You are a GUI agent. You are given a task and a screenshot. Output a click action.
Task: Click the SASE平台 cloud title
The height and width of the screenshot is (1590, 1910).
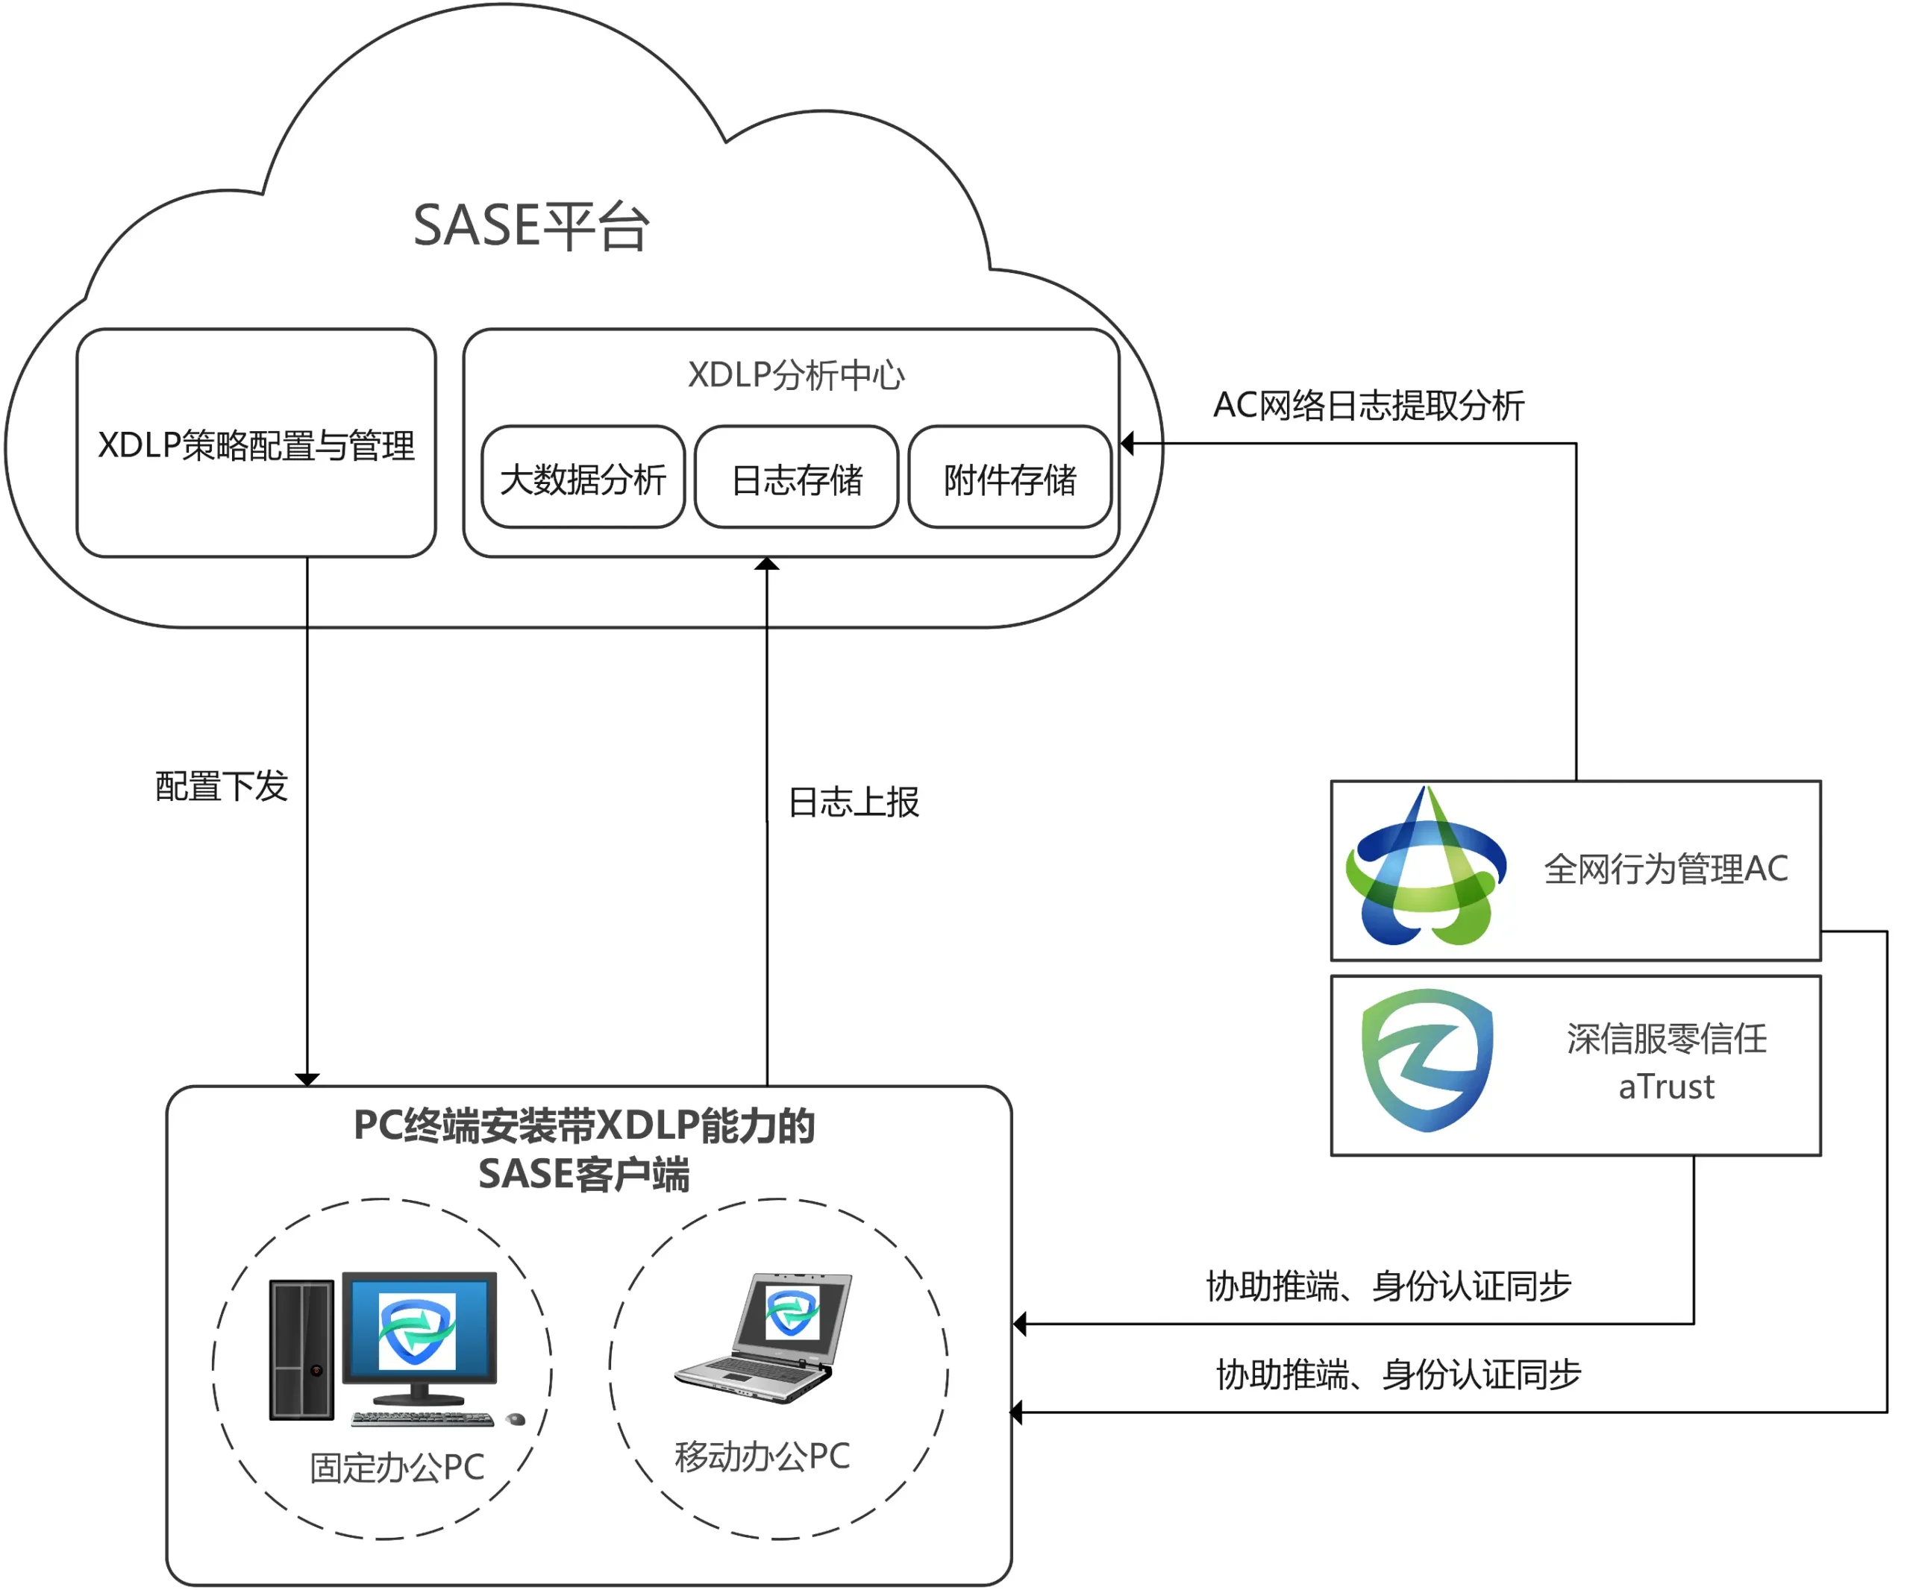point(531,225)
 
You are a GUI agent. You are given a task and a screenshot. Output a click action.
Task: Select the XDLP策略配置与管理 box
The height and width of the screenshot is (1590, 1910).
point(256,444)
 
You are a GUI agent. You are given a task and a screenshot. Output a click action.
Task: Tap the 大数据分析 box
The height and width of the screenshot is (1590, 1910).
point(583,478)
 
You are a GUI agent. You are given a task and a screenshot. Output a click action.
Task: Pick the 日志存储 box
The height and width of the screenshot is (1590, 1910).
point(797,478)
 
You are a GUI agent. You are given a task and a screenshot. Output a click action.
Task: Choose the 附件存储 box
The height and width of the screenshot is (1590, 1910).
point(1009,478)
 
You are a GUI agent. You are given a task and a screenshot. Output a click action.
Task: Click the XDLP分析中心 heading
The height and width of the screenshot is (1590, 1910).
point(796,374)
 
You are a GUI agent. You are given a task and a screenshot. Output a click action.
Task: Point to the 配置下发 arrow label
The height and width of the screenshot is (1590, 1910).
point(221,786)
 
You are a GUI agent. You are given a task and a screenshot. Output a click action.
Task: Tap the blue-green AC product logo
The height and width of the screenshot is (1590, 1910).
point(1425,869)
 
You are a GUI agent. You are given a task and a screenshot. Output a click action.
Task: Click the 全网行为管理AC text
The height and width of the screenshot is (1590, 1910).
point(1665,869)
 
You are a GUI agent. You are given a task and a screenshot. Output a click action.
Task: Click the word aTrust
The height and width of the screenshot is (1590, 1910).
point(1666,1087)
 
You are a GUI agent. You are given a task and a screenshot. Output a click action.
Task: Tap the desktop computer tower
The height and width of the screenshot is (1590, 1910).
point(302,1349)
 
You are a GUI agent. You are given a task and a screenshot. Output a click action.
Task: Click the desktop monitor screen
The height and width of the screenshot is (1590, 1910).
point(419,1329)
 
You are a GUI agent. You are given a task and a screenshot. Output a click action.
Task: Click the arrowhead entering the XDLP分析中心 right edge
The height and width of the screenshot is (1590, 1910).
point(1128,444)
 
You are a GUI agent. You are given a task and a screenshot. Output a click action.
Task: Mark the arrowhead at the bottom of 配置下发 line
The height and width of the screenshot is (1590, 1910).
point(307,1079)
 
